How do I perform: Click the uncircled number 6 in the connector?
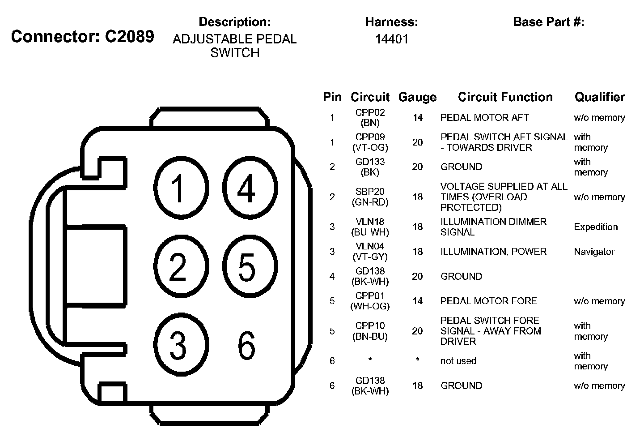pos(246,345)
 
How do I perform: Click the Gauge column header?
pos(417,97)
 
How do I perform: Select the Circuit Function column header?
pos(505,97)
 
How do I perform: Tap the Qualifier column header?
pos(599,97)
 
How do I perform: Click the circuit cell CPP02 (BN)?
pos(370,118)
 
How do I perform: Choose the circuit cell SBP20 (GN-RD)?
pos(370,197)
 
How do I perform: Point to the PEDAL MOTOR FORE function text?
pos(488,301)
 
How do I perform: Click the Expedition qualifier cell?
pos(596,227)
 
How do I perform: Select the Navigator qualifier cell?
pos(594,252)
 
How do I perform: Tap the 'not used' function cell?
pos(458,361)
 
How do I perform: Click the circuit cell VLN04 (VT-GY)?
pos(370,252)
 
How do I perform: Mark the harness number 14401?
pos(391,39)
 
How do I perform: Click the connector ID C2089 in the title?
pos(129,37)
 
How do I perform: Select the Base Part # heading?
pos(548,22)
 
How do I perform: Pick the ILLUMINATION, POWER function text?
pos(493,252)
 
